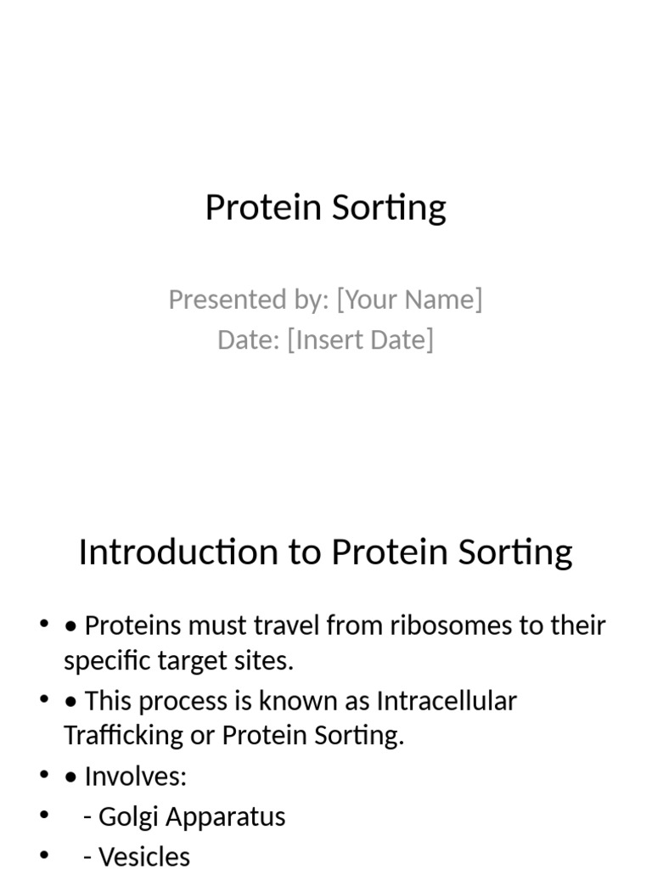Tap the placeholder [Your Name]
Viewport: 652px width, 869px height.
coord(409,300)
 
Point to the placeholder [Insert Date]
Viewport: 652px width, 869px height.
coord(360,339)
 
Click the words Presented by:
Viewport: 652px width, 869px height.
coord(248,300)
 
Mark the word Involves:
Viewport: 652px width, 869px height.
coord(136,776)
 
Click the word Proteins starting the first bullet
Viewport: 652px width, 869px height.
coord(132,626)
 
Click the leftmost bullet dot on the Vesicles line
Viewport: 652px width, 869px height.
coord(44,855)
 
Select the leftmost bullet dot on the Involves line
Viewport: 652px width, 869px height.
coord(44,775)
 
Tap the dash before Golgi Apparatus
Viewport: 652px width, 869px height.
coord(88,817)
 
